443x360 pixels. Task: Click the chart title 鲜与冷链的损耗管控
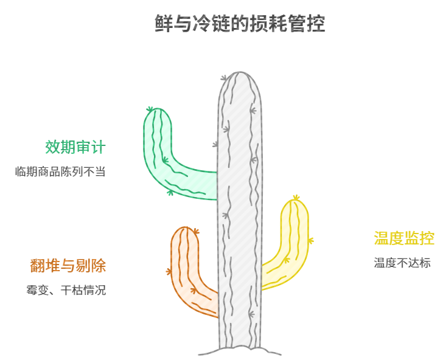pos(240,24)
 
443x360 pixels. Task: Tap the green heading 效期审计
pos(75,147)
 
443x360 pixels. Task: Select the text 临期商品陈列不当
pos(60,171)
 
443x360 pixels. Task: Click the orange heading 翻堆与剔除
pos(68,266)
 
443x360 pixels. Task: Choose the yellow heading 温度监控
pos(404,238)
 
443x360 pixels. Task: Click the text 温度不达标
pos(402,263)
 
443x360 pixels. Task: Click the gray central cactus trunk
pos(239,213)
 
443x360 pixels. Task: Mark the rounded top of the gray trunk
pos(240,77)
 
